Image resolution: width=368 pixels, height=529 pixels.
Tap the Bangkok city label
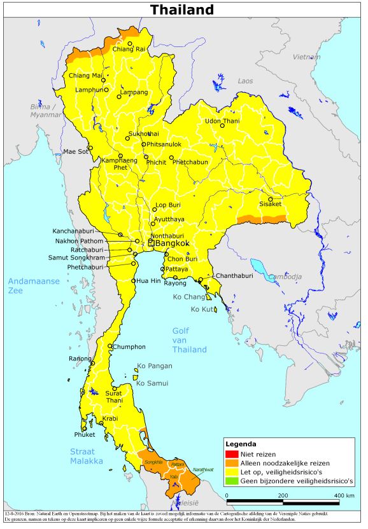click(x=173, y=243)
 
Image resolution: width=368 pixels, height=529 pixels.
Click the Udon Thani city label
click(x=222, y=121)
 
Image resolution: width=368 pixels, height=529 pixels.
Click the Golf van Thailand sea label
click(x=190, y=340)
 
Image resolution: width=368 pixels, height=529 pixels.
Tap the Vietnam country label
click(x=306, y=57)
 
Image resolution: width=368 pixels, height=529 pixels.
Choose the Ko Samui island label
click(x=152, y=383)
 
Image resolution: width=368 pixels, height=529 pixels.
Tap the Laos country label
click(x=245, y=81)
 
